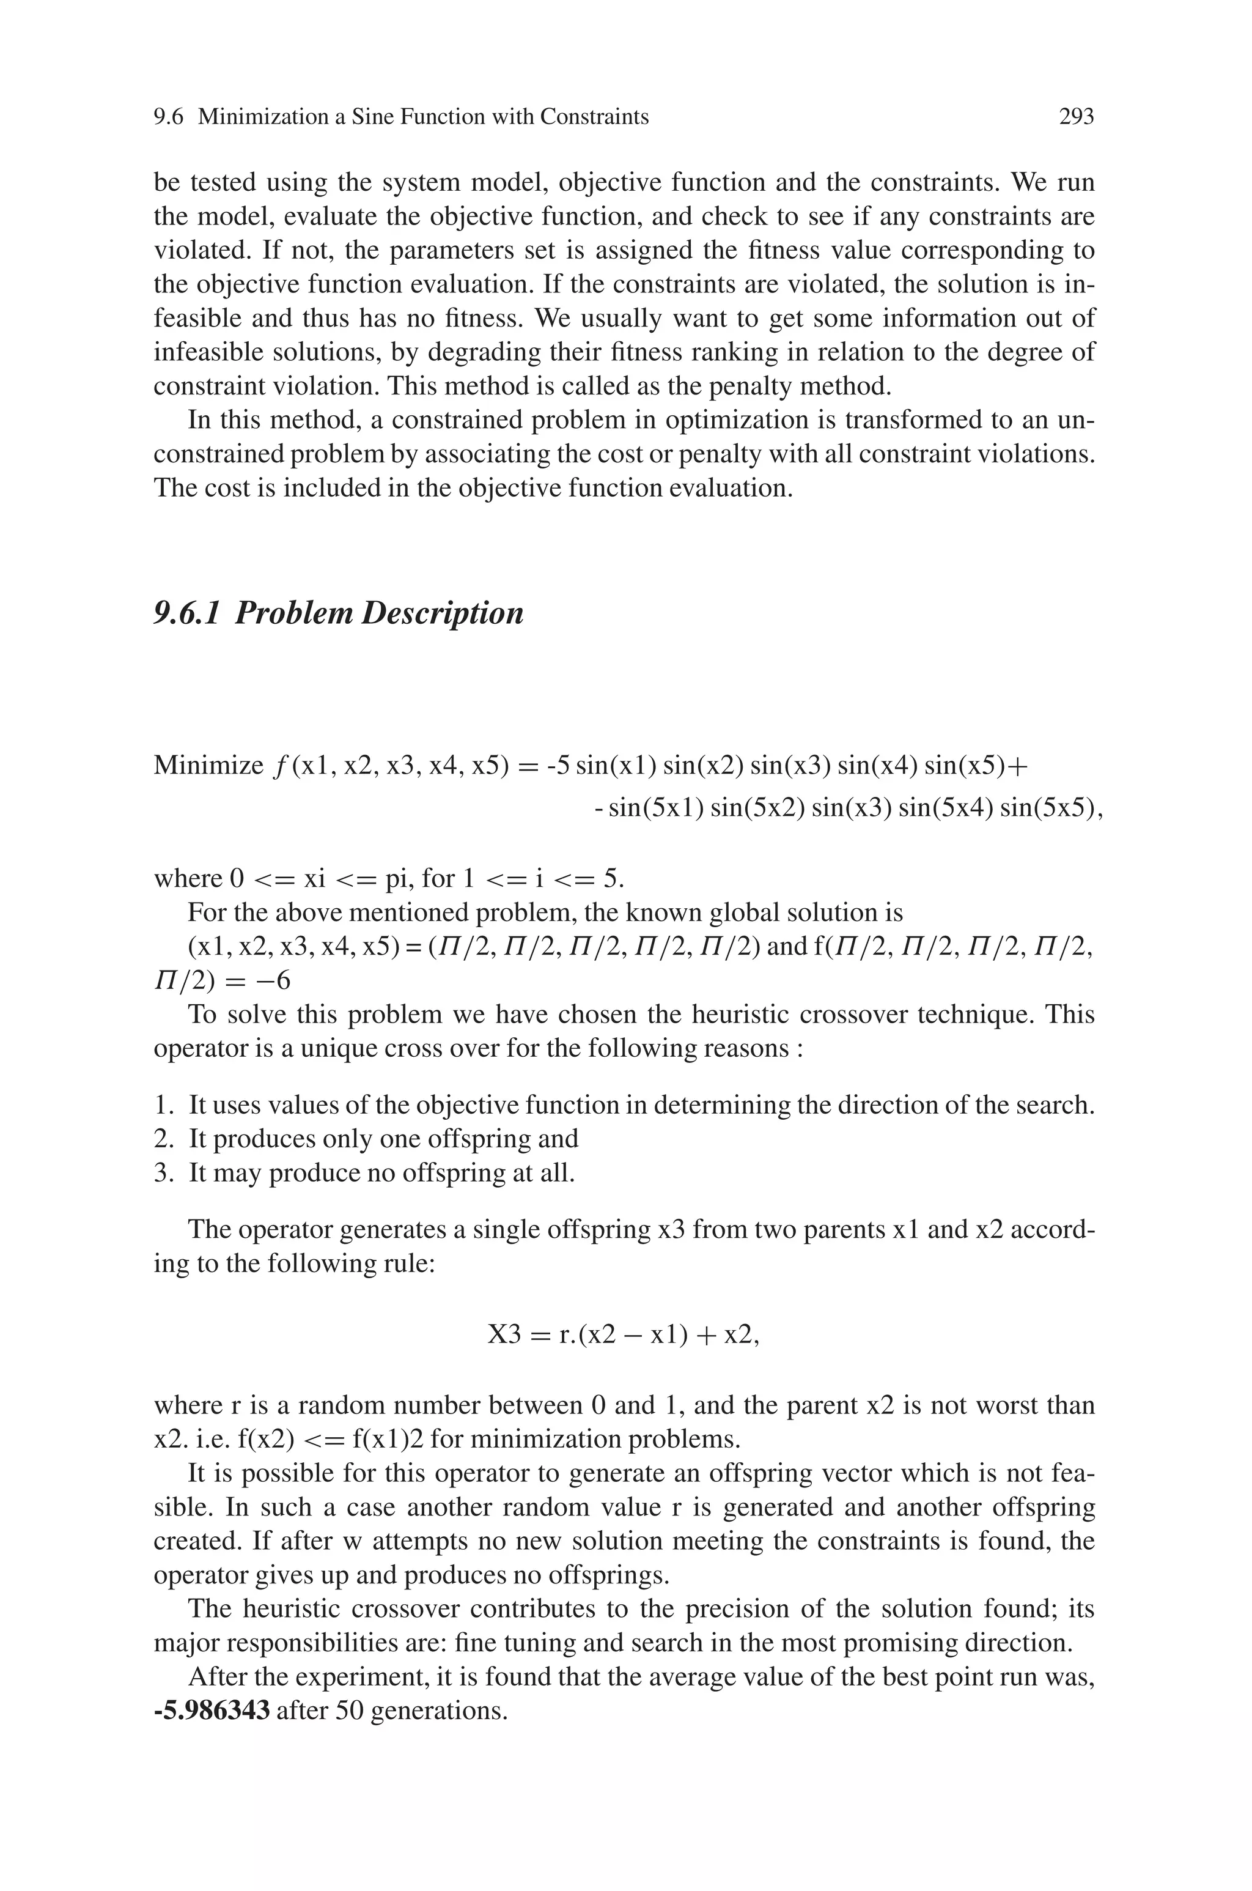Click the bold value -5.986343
[x=212, y=1711]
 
